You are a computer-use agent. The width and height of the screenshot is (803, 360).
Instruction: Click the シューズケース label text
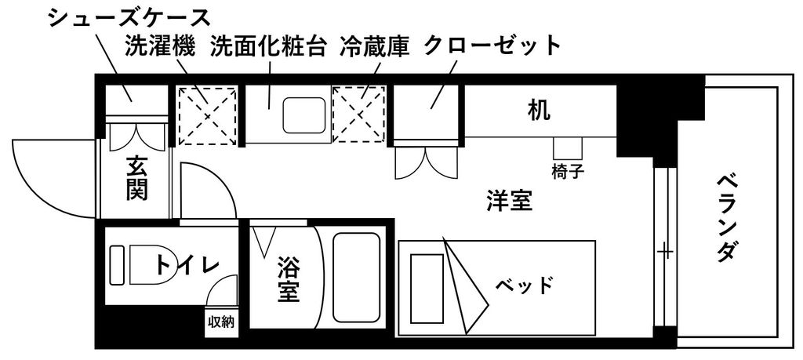pyautogui.click(x=129, y=19)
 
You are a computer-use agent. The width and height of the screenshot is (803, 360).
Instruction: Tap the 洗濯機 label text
pyautogui.click(x=160, y=46)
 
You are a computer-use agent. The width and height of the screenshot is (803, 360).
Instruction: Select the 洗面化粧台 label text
pyautogui.click(x=269, y=46)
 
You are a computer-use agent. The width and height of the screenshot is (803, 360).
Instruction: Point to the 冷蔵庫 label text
pyautogui.click(x=375, y=46)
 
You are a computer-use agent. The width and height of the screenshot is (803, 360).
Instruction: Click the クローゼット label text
pyautogui.click(x=492, y=46)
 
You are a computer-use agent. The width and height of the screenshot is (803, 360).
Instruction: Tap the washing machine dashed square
pyautogui.click(x=207, y=116)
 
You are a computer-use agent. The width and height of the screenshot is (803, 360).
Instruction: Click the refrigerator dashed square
pyautogui.click(x=358, y=114)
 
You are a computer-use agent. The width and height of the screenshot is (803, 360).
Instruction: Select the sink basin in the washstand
pyautogui.click(x=304, y=115)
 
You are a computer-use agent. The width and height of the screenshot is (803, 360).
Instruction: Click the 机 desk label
pyautogui.click(x=540, y=111)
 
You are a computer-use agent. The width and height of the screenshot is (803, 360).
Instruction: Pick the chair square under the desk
pyautogui.click(x=568, y=148)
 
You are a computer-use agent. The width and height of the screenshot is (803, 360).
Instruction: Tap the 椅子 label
pyautogui.click(x=568, y=172)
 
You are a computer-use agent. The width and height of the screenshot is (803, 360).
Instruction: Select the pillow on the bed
pyautogui.click(x=427, y=289)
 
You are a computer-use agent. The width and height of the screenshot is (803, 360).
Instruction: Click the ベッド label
pyautogui.click(x=525, y=284)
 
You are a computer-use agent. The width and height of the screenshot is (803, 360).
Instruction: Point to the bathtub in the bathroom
pyautogui.click(x=357, y=278)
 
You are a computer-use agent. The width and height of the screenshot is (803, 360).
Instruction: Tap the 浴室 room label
pyautogui.click(x=289, y=279)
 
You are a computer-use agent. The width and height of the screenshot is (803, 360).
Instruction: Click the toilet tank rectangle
pyautogui.click(x=118, y=265)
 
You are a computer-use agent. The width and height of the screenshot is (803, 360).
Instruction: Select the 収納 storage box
pyautogui.click(x=221, y=322)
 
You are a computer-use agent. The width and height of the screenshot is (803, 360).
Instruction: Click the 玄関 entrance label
pyautogui.click(x=136, y=178)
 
